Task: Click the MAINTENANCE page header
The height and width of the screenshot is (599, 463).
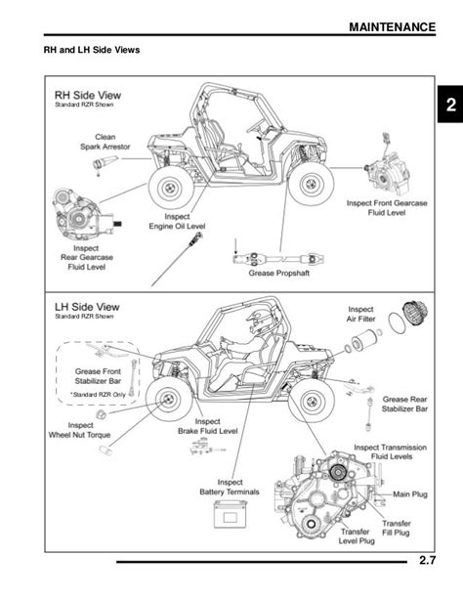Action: (393, 27)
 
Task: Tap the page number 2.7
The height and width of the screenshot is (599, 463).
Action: (427, 561)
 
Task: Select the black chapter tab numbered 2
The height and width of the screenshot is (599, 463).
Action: (450, 105)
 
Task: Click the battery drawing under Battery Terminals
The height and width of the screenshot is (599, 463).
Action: (230, 514)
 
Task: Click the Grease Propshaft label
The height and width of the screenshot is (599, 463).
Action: (278, 274)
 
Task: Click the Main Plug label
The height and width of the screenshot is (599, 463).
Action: (410, 494)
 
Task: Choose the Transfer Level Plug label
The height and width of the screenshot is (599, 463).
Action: (356, 535)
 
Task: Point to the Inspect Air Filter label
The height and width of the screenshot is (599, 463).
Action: (360, 314)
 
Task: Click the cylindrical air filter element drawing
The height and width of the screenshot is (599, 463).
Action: (359, 340)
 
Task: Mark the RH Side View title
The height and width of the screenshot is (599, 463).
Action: (88, 95)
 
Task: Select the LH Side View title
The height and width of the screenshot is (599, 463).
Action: (87, 307)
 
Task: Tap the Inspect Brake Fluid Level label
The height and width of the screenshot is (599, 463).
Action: (207, 426)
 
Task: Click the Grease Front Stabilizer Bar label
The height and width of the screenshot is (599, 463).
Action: (98, 376)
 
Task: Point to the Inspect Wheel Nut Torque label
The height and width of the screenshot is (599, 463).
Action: (79, 430)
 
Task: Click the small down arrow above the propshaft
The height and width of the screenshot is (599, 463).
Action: (235, 246)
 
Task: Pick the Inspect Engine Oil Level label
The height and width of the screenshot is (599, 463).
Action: (177, 221)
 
